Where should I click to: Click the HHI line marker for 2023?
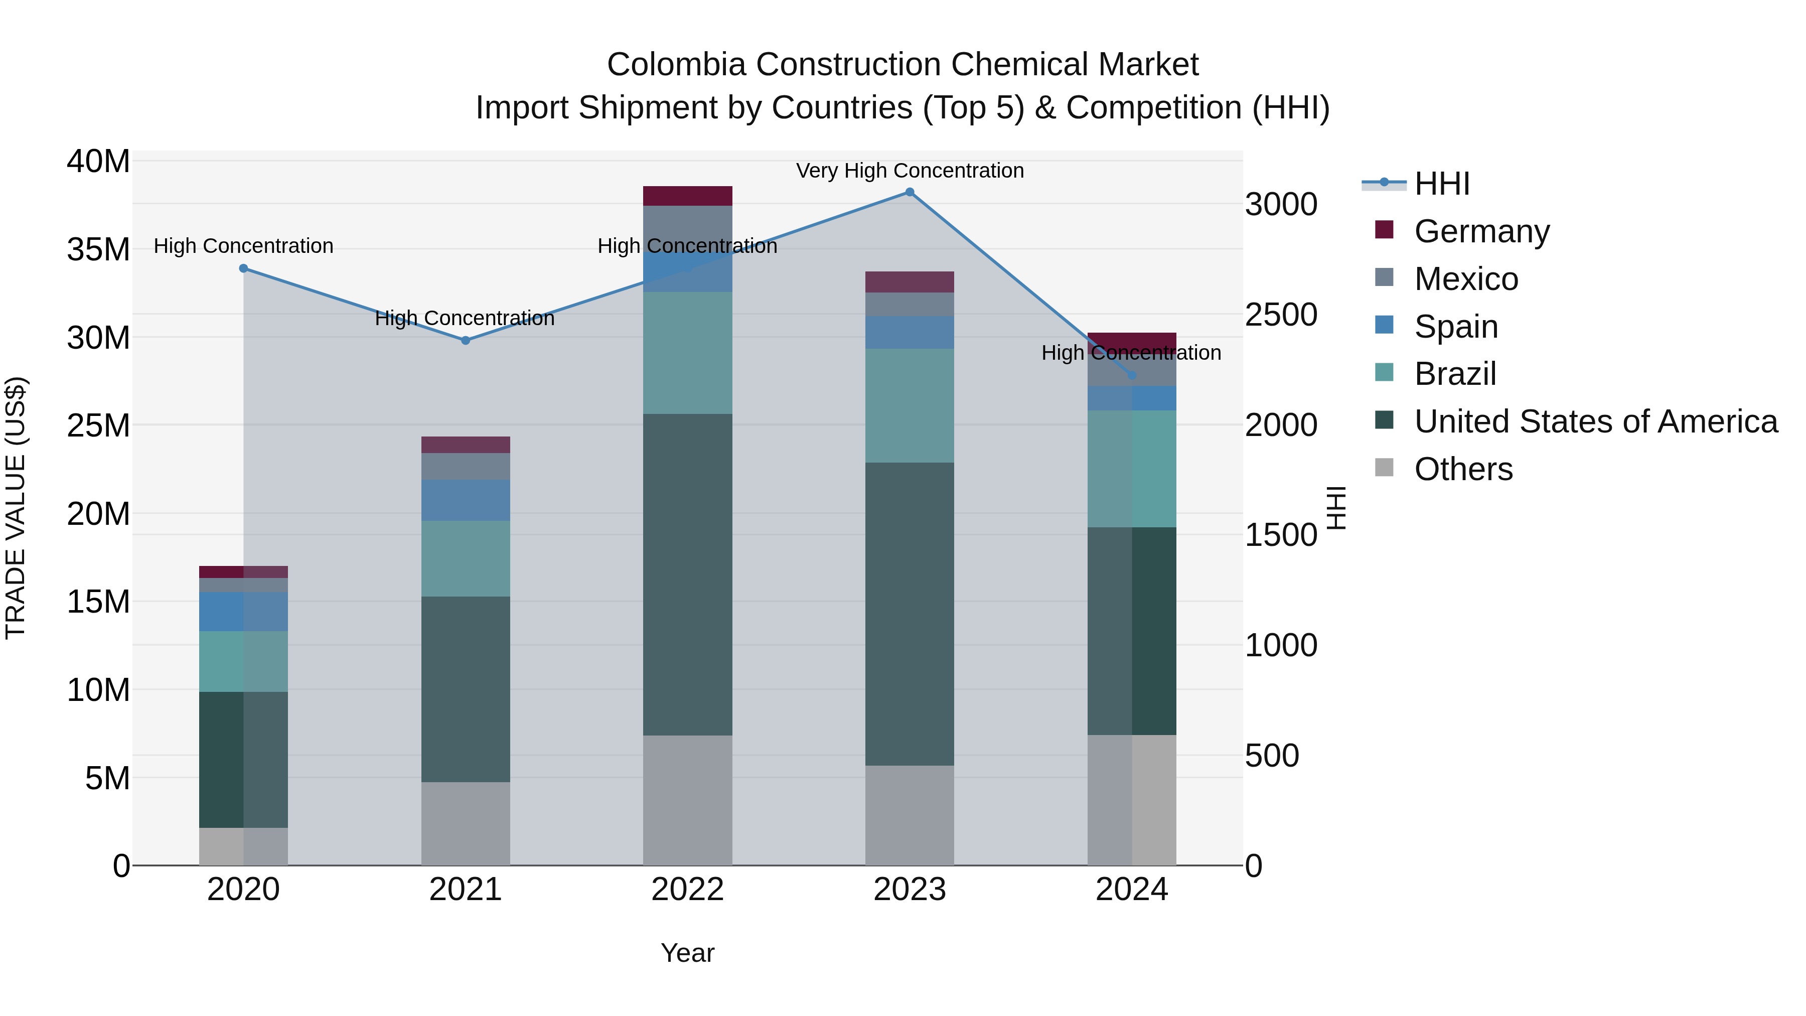(910, 192)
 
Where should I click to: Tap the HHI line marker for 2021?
(466, 340)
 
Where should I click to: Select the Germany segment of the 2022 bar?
(687, 196)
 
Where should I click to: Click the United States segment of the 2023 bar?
(910, 614)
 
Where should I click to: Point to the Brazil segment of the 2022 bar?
(687, 353)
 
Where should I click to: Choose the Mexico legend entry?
(1465, 279)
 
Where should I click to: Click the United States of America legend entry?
(1595, 421)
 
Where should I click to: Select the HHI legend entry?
(1441, 184)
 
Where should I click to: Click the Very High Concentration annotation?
(910, 171)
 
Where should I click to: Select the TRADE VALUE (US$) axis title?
(16, 508)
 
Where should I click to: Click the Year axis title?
(687, 953)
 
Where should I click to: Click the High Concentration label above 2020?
(243, 246)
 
